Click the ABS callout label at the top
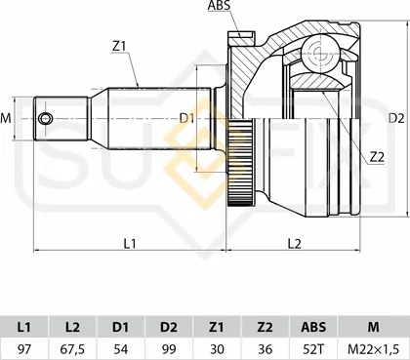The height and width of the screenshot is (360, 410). [219, 5]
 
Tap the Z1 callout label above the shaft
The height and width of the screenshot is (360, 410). [119, 47]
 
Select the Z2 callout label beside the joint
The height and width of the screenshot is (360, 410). [377, 157]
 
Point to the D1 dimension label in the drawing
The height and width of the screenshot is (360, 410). [186, 118]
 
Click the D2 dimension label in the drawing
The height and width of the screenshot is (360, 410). [396, 118]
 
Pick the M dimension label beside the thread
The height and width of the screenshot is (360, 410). [6, 118]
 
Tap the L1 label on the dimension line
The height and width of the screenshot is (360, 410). [130, 243]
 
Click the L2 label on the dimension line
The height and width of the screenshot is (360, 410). [295, 243]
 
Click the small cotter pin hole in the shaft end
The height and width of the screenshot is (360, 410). [45, 119]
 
